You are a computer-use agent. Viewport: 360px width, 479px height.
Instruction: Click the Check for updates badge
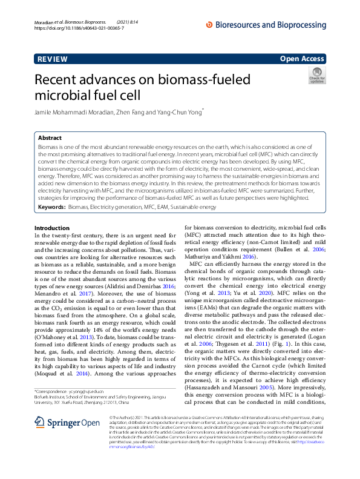(317, 76)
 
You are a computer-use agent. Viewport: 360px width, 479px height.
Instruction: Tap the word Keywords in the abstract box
(51, 190)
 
